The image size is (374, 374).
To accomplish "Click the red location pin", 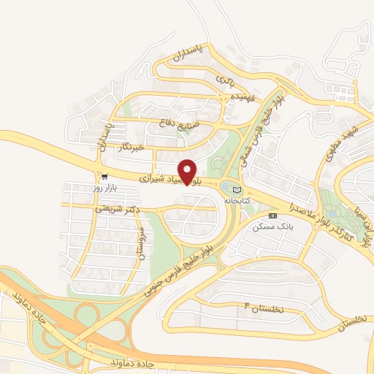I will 188,171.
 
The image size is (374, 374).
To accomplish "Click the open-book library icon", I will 235,189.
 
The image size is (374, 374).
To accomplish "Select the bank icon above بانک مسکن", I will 272,215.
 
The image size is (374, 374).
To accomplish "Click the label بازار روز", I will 104,188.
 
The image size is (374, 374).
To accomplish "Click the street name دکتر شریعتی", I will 118,209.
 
